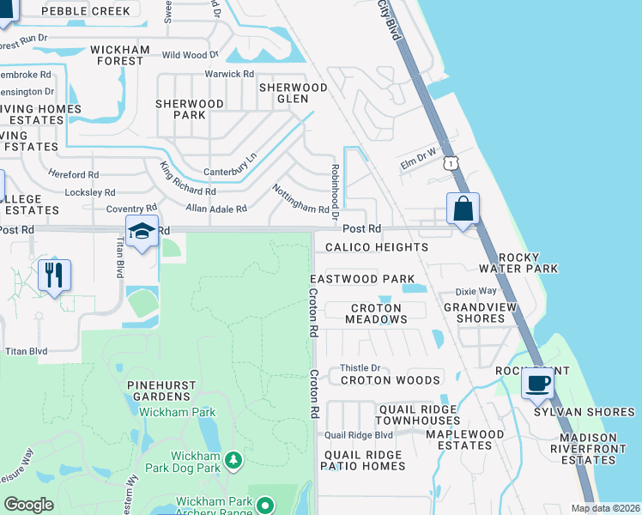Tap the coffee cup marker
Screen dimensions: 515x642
[x=537, y=384]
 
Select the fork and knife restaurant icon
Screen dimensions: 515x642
[x=53, y=276]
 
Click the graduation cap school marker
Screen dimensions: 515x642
[x=142, y=231]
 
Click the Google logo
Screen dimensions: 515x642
[x=29, y=505]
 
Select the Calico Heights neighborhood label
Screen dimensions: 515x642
[x=377, y=247]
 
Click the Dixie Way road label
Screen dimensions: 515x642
[x=475, y=292]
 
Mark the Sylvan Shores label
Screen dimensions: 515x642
[x=584, y=412]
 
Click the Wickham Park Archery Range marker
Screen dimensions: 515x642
[x=266, y=506]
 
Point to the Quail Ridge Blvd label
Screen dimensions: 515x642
[x=358, y=435]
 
